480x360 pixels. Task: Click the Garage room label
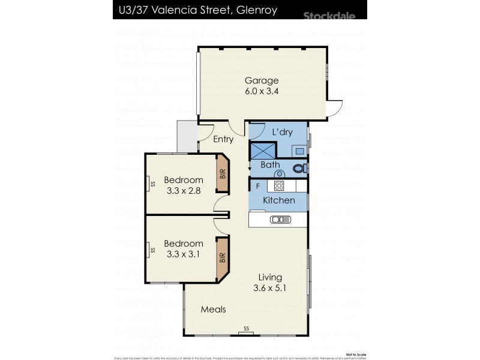pos(262,80)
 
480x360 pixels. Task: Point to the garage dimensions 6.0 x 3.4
pos(262,92)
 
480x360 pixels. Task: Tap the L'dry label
pos(282,132)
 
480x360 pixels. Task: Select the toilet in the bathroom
pos(299,169)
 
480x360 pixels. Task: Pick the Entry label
pos(224,139)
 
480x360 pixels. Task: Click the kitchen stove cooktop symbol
pos(279,185)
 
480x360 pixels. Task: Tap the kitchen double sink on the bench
pos(280,220)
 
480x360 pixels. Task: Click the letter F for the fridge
pos(257,185)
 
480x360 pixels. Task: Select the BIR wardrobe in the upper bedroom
pos(223,175)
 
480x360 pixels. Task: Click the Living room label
pos(270,277)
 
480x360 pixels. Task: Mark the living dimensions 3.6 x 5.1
pos(270,288)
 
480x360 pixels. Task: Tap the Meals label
pos(213,310)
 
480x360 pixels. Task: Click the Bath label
pos(270,164)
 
